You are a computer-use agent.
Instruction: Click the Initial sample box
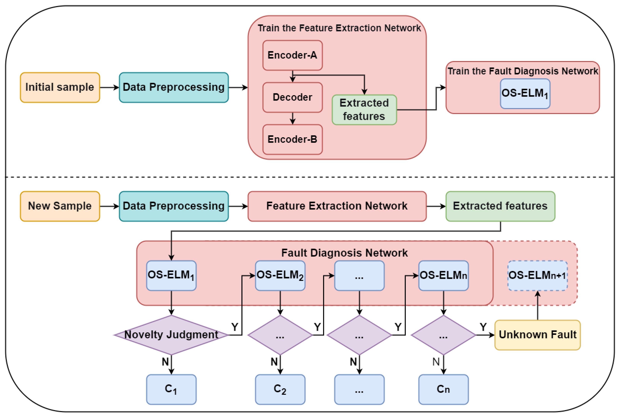tap(60, 87)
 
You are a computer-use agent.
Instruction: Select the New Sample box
tap(60, 206)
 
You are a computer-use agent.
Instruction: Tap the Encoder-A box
tap(293, 55)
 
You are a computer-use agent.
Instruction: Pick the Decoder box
tap(293, 97)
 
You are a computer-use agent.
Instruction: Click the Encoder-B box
tap(293, 139)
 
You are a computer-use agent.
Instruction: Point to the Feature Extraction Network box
tap(337, 206)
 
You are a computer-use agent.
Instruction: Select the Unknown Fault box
tap(537, 335)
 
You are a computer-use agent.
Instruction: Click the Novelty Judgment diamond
tap(171, 335)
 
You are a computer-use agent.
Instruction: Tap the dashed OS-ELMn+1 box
tap(537, 276)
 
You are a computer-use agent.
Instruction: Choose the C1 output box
tap(171, 389)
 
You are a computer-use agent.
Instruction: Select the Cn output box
tap(443, 389)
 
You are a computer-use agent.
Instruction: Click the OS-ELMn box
tap(443, 276)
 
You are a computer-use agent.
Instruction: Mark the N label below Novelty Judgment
tap(165, 362)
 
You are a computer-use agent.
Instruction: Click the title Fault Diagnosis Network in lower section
tap(344, 253)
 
